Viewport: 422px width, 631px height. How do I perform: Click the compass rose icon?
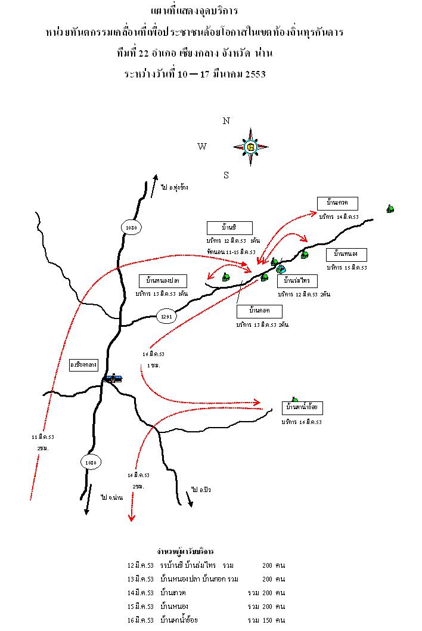(250, 147)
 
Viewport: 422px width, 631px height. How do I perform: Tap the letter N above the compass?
(226, 121)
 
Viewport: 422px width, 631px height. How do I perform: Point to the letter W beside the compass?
(202, 147)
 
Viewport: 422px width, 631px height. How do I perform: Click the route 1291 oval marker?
(167, 317)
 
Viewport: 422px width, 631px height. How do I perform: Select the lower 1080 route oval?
(90, 462)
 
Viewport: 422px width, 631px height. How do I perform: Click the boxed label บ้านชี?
(229, 228)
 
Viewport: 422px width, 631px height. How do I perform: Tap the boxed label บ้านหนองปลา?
(163, 280)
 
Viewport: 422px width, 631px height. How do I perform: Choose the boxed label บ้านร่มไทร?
(297, 281)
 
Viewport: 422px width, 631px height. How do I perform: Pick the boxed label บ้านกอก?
(259, 311)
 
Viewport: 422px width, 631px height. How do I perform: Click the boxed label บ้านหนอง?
(346, 255)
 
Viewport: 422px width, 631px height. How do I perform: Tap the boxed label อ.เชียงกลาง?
(83, 364)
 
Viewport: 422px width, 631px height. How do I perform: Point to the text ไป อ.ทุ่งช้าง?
(174, 187)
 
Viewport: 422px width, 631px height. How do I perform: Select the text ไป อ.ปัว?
(201, 490)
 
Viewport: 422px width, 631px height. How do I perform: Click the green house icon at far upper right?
(390, 209)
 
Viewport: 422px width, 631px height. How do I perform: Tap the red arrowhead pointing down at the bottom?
(132, 518)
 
